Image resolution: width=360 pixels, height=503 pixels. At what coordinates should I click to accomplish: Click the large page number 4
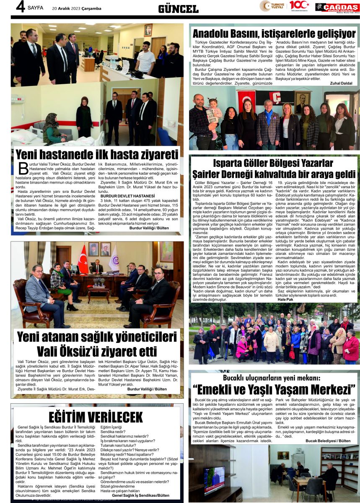(19, 7)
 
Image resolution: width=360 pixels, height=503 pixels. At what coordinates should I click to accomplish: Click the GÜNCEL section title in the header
(178, 8)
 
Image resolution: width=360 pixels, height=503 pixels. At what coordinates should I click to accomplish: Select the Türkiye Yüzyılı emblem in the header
(271, 6)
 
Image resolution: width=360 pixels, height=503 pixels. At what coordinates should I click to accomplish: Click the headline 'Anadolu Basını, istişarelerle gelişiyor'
(274, 34)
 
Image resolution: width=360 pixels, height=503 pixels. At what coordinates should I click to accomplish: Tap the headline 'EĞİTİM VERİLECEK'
(96, 417)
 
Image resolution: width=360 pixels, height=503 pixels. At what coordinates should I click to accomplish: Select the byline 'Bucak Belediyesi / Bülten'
(328, 441)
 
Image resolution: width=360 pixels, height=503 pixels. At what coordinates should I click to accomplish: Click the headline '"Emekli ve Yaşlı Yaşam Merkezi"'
(274, 390)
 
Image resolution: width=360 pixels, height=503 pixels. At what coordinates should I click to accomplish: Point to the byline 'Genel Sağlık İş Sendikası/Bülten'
(140, 495)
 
